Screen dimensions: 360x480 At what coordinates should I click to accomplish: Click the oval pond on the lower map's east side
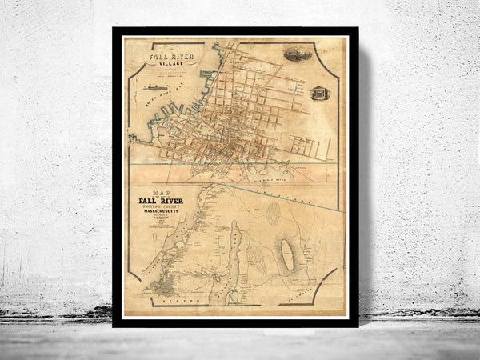pos(286,256)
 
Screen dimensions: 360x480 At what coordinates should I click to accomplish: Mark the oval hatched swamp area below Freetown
pos(273,213)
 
